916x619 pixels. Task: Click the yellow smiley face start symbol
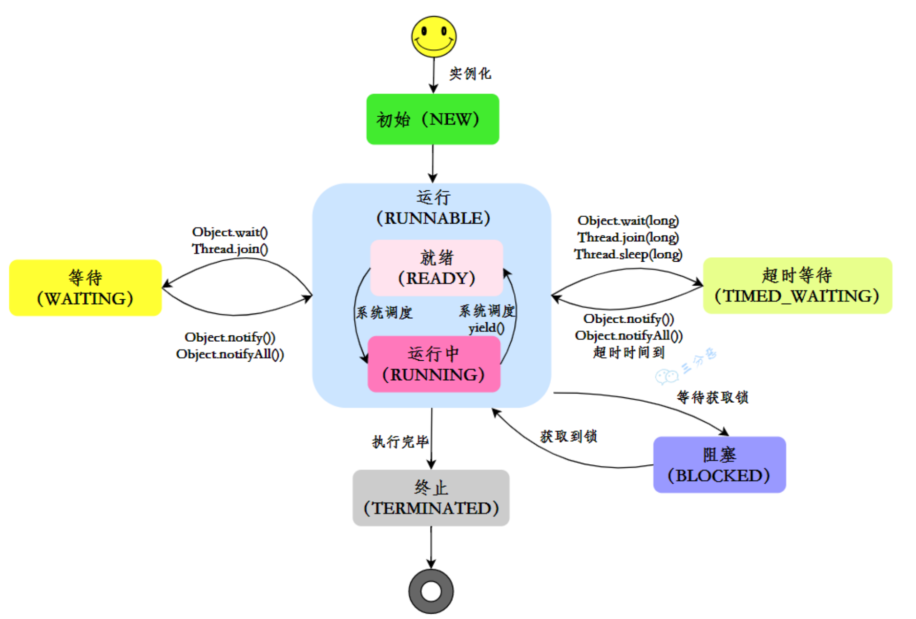[434, 37]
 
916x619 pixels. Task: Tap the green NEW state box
[433, 119]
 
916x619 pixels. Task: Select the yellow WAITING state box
[85, 288]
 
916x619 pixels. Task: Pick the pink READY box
[437, 268]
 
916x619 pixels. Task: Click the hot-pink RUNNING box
[434, 364]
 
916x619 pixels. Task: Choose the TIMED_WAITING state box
[797, 286]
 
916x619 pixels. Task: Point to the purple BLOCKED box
[719, 465]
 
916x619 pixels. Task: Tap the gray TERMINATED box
[431, 498]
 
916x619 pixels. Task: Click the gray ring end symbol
[431, 592]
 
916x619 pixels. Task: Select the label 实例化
[470, 74]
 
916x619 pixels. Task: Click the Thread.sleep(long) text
[628, 254]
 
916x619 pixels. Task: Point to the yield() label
[486, 328]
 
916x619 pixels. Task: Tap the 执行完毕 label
[400, 442]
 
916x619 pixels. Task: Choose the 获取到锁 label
[568, 436]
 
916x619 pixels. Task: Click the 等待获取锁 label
[712, 397]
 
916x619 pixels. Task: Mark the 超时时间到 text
[629, 352]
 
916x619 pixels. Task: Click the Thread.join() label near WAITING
[229, 249]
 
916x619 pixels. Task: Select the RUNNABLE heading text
[433, 218]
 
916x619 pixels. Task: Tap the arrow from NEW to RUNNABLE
[433, 164]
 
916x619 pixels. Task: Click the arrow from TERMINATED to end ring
[431, 547]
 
